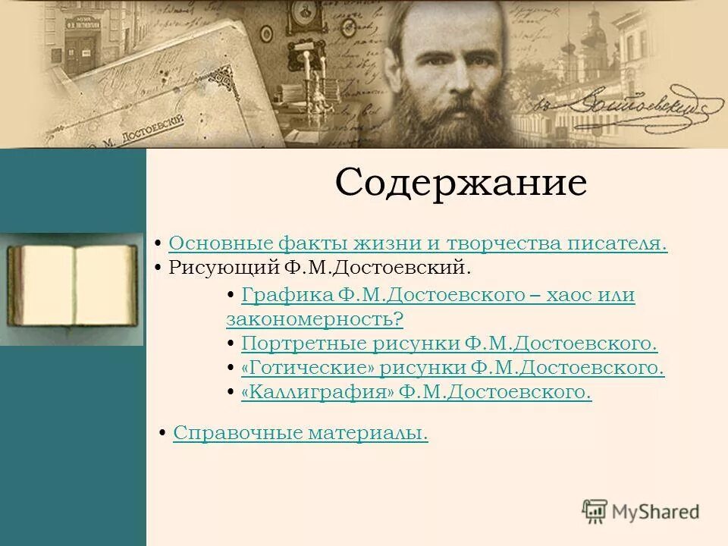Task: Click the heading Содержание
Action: [x=461, y=183]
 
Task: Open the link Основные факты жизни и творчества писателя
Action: [x=418, y=243]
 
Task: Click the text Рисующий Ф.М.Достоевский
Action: [x=319, y=268]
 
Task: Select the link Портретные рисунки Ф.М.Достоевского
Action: [x=449, y=344]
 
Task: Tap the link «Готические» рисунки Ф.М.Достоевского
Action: [x=452, y=369]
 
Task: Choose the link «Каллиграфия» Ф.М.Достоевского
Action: [x=416, y=393]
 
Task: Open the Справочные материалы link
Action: [x=300, y=433]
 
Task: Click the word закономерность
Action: [x=314, y=319]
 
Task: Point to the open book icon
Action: [x=73, y=287]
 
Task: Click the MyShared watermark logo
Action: [x=642, y=511]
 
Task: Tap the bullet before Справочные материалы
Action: [x=163, y=433]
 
